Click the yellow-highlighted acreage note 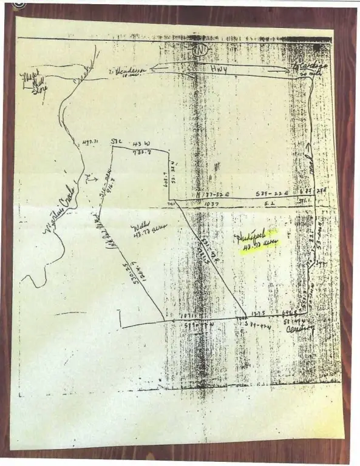pos(255,238)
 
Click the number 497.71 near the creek pos(89,143)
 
